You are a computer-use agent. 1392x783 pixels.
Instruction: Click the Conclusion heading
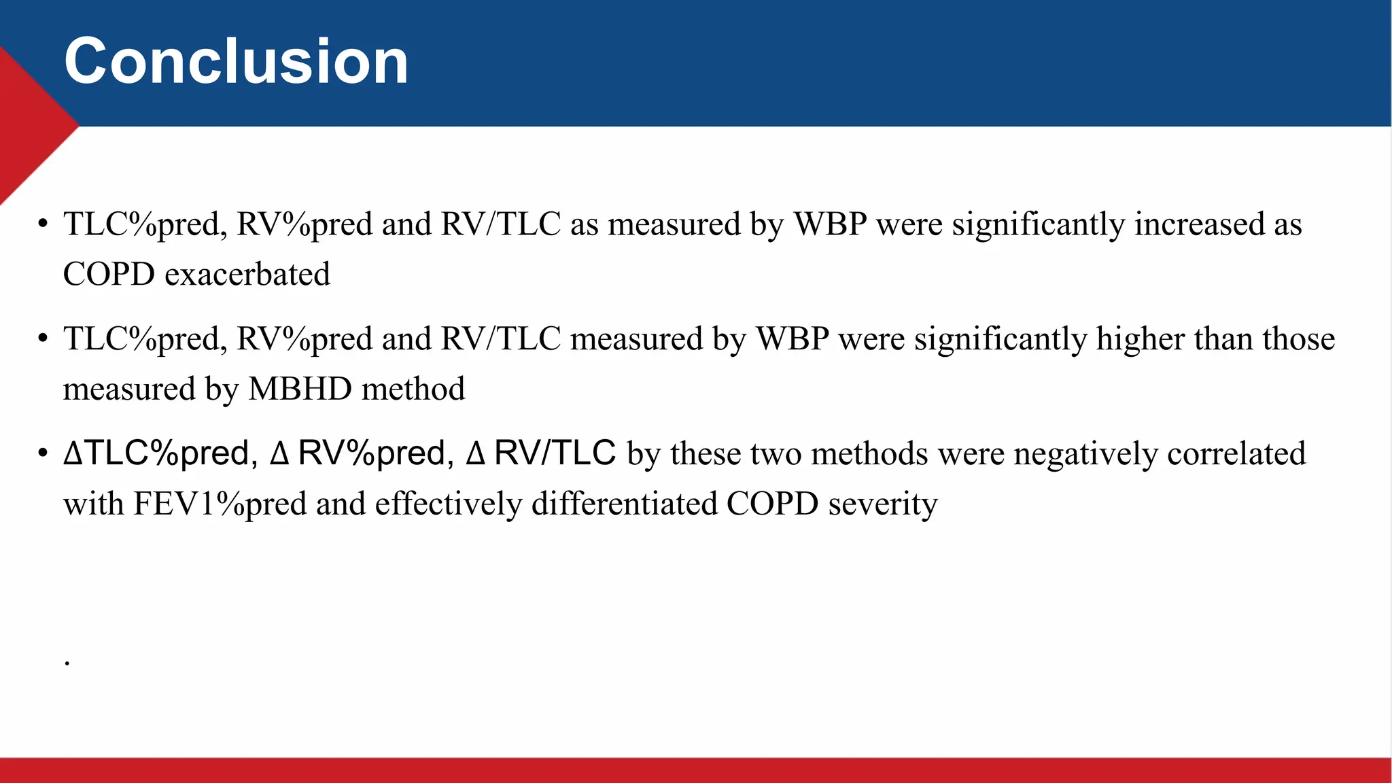coord(236,62)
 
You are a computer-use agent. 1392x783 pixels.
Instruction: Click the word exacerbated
coord(247,275)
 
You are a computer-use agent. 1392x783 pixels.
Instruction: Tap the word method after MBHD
coord(413,389)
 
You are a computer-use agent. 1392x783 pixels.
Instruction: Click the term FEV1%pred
coord(220,504)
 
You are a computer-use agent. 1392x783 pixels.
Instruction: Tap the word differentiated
coord(624,504)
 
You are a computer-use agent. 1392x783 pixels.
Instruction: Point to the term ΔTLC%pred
coord(160,454)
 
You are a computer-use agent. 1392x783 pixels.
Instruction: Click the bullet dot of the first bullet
coord(43,224)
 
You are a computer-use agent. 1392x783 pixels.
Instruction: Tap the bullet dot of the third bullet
coord(43,453)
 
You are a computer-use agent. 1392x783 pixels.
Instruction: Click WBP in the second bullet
coord(793,339)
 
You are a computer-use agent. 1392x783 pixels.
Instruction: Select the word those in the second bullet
coord(1298,339)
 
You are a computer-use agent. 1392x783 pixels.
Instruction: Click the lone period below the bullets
coord(67,663)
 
